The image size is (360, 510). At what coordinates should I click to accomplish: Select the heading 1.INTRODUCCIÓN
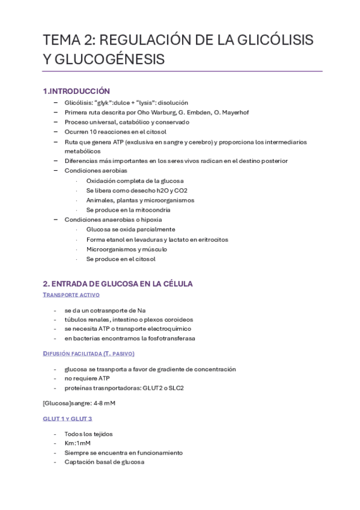pos(76,91)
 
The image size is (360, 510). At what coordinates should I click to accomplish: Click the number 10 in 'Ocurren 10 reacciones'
pos(93,132)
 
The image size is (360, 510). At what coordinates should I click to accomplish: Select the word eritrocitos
pos(208,239)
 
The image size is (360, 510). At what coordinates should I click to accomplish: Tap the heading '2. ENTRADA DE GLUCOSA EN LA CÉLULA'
pos(118,283)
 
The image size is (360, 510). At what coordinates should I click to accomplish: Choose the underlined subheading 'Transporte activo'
pos(72,295)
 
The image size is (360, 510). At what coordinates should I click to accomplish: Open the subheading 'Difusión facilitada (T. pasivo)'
pos(89,354)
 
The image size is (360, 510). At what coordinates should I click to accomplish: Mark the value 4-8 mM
pos(102,403)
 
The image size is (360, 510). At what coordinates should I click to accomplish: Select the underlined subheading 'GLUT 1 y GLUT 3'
pos(67,418)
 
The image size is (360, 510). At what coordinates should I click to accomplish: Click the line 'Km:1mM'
pos(78,443)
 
